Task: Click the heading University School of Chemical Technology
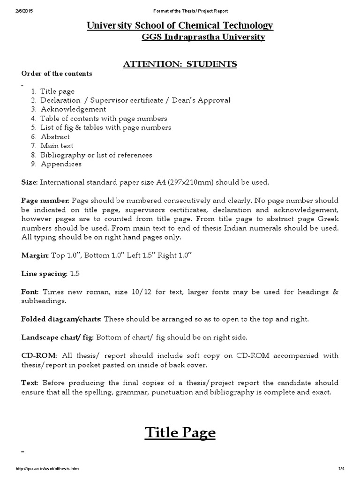(x=180, y=26)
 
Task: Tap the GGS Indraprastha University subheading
(x=203, y=37)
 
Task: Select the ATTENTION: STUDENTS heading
(x=180, y=64)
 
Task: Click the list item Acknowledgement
(x=73, y=109)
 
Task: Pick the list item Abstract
(x=55, y=137)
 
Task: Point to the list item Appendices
(x=61, y=164)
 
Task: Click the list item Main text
(x=57, y=146)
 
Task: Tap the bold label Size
(x=29, y=182)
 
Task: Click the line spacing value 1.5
(x=75, y=273)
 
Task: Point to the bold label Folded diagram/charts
(x=61, y=319)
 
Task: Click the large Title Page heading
(x=180, y=432)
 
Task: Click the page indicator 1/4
(x=341, y=469)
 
